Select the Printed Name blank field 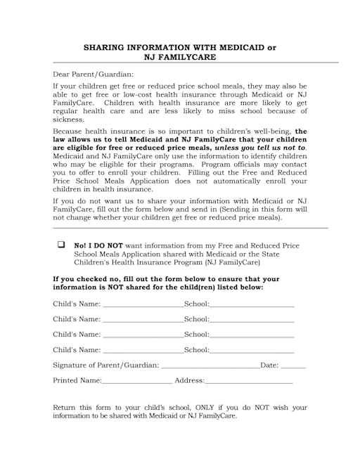point(136,382)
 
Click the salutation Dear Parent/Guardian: point(93,74)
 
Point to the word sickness point(68,119)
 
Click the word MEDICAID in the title point(238,48)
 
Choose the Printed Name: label point(77,381)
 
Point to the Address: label point(189,381)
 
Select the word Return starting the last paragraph point(66,407)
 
